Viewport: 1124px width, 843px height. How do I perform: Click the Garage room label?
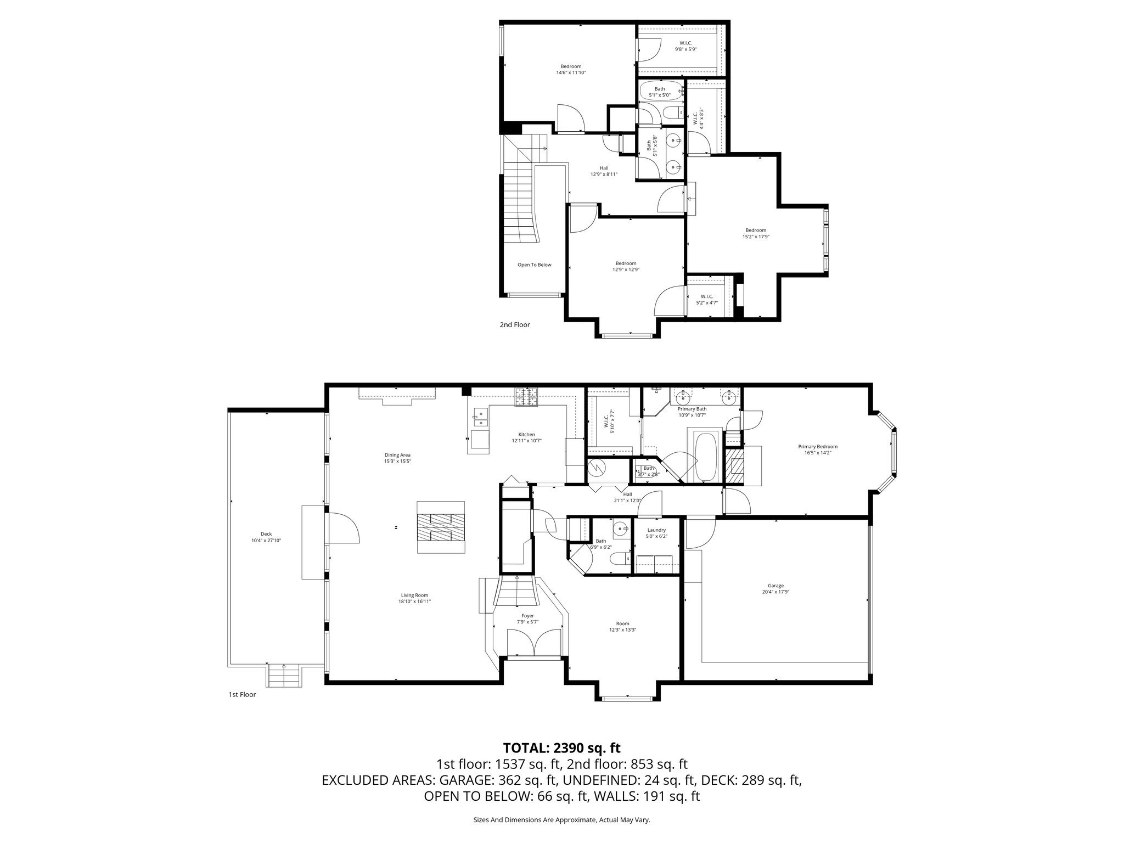pyautogui.click(x=775, y=586)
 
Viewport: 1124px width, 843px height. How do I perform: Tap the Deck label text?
pyautogui.click(x=266, y=534)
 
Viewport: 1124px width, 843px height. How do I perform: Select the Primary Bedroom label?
pyautogui.click(x=818, y=447)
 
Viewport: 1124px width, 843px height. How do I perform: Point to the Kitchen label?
pyautogui.click(x=526, y=435)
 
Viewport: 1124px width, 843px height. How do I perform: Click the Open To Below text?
pyautogui.click(x=534, y=265)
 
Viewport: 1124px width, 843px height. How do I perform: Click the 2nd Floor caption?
pyautogui.click(x=514, y=325)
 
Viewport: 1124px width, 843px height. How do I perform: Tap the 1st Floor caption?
pyautogui.click(x=242, y=695)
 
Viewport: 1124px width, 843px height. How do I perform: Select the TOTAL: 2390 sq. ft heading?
pyautogui.click(x=561, y=748)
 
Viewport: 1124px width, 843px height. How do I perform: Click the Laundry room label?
pyautogui.click(x=656, y=530)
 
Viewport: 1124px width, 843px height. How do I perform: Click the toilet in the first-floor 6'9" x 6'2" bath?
pyautogui.click(x=619, y=560)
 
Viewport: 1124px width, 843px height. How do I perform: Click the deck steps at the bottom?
pyautogui.click(x=284, y=675)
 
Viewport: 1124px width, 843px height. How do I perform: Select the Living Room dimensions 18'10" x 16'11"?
pyautogui.click(x=414, y=602)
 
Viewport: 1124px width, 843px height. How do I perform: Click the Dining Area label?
pyautogui.click(x=397, y=455)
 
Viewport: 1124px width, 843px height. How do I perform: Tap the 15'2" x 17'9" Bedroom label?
pyautogui.click(x=755, y=231)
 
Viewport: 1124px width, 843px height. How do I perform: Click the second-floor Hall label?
pyautogui.click(x=604, y=168)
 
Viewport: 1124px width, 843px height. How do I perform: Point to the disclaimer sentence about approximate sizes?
pyautogui.click(x=561, y=820)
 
